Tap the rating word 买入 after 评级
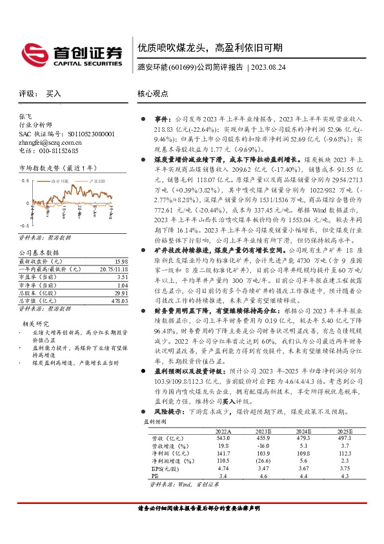54,94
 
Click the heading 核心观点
152,94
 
